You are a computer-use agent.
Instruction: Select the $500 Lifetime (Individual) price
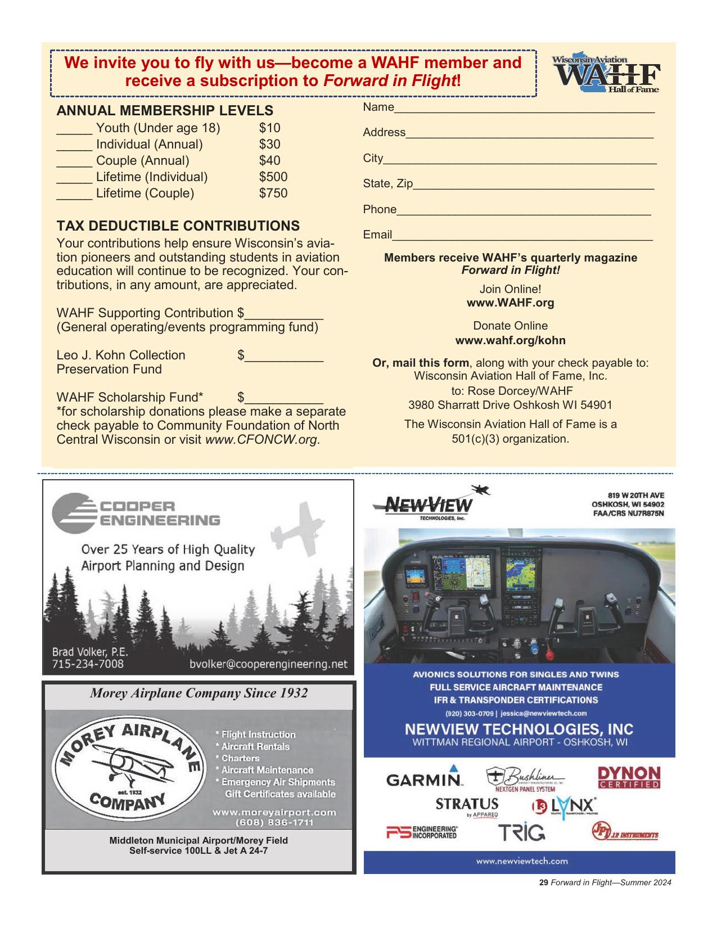[273, 177]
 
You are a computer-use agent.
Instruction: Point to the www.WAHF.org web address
[510, 303]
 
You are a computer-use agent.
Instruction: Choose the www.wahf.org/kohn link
[510, 341]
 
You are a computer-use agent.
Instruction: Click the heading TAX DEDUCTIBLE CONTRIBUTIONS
[178, 226]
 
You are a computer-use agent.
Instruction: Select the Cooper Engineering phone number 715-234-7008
[88, 664]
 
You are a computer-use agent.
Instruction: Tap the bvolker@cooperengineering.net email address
[268, 665]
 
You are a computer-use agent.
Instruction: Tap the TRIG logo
[521, 832]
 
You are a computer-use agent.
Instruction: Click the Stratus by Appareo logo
[467, 806]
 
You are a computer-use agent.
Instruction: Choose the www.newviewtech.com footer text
[521, 861]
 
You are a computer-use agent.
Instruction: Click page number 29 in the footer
[543, 883]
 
